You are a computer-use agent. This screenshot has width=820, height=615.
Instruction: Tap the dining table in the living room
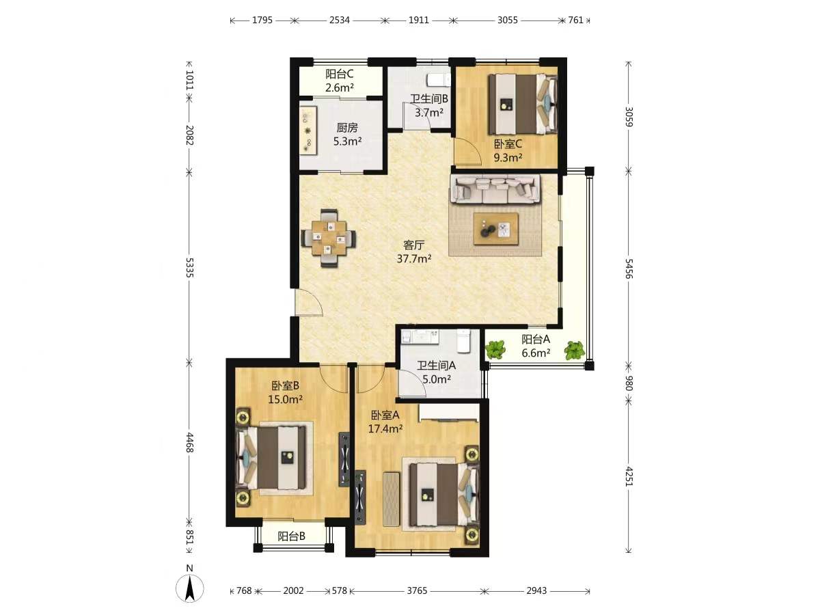[329, 238]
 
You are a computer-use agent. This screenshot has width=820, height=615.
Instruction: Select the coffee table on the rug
[495, 229]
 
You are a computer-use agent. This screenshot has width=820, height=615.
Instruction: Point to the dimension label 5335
[189, 267]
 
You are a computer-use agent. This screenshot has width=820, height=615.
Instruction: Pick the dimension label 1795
[262, 20]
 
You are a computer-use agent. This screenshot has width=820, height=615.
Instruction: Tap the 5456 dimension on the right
[629, 269]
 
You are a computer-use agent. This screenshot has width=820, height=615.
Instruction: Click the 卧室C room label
[508, 143]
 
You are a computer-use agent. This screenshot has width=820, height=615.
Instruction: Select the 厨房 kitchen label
[347, 128]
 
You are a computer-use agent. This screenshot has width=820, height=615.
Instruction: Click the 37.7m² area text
[414, 258]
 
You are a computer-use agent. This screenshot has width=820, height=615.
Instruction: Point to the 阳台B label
[291, 536]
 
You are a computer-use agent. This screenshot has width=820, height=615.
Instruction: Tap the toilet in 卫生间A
[463, 340]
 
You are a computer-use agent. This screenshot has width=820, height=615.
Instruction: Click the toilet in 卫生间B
[439, 79]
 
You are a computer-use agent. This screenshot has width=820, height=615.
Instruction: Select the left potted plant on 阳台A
[495, 349]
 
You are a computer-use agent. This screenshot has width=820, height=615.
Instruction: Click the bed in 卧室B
[273, 458]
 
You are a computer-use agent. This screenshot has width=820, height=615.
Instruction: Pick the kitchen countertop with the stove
[309, 131]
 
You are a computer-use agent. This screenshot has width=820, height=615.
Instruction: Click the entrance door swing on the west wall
[309, 303]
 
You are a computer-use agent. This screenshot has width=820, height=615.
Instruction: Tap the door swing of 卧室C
[467, 151]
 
